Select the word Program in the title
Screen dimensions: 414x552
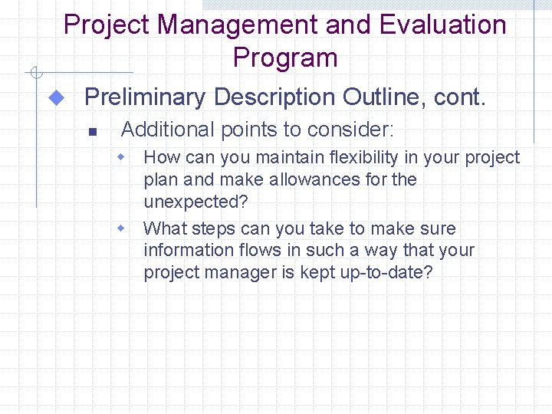(x=285, y=58)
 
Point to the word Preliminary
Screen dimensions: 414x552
(x=145, y=97)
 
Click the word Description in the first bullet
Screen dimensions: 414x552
(x=274, y=97)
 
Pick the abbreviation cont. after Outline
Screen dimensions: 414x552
(x=459, y=97)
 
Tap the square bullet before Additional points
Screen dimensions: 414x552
(x=90, y=132)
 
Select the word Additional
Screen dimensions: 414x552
(x=168, y=130)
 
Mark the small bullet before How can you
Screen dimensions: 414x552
(x=120, y=157)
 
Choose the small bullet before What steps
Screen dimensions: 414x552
(x=120, y=228)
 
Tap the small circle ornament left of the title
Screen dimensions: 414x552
(x=34, y=74)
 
